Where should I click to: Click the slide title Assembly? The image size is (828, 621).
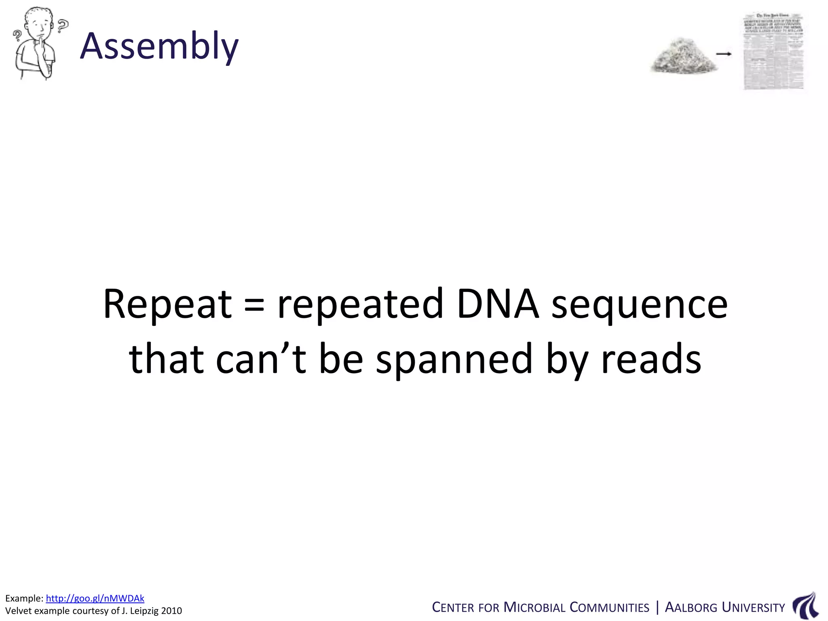159,46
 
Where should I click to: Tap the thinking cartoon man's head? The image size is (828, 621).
39,24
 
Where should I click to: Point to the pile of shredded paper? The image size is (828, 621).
683,57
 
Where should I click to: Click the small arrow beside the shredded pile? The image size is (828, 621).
724,54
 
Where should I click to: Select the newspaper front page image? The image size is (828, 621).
773,52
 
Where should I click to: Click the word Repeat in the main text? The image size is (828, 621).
167,304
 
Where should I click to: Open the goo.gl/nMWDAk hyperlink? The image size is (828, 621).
95,598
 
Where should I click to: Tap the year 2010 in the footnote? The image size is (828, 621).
171,611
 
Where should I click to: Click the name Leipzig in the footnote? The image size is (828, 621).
144,611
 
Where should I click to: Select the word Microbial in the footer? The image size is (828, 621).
534,608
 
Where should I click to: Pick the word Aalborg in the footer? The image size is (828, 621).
691,608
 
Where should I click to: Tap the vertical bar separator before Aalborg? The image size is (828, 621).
657,607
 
